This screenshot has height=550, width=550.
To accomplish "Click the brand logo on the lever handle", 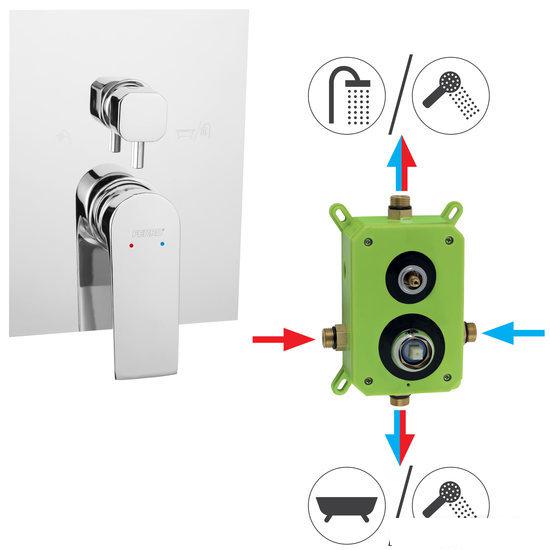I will tap(144, 229).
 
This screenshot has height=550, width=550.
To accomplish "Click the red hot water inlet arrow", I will tap(284, 341).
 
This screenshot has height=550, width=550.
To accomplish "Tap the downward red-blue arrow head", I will tap(403, 455).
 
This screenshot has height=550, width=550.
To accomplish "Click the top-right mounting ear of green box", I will tap(453, 213).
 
